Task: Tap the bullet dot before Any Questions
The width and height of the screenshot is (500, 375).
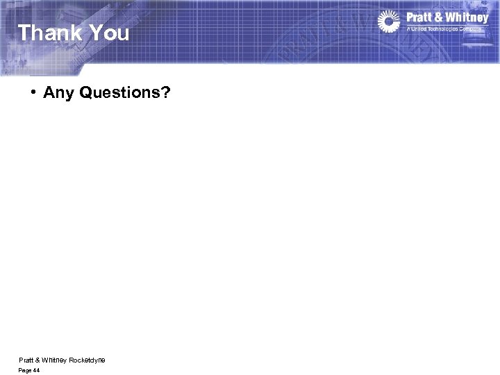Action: [x=33, y=92]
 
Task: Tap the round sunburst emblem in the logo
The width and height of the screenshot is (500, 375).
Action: [x=390, y=22]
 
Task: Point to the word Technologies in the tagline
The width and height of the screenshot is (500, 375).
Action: [x=445, y=28]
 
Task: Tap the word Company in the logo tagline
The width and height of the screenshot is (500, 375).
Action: [x=475, y=28]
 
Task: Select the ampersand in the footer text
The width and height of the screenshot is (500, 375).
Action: [x=37, y=360]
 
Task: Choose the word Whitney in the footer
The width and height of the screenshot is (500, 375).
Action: [x=53, y=360]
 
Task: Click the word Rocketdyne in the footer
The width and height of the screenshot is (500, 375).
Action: [x=87, y=360]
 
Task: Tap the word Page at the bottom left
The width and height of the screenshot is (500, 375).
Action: [x=25, y=371]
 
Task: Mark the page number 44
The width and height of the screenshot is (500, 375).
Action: [x=36, y=371]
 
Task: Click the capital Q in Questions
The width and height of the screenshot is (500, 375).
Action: [x=87, y=92]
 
